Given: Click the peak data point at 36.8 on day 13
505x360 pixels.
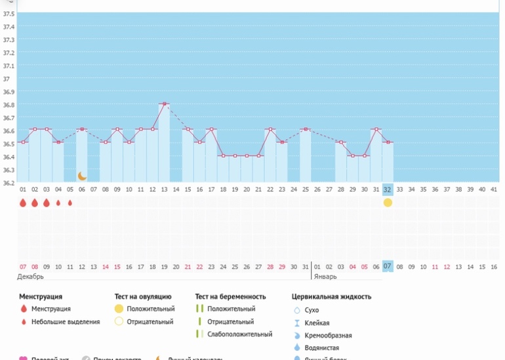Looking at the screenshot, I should point(164,104).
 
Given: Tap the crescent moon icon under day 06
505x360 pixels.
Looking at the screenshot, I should point(82,176).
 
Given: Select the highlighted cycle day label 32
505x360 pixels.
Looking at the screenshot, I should point(388,190).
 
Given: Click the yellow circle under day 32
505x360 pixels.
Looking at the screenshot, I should point(388,203).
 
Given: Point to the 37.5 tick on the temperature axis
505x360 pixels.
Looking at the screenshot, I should point(9,27).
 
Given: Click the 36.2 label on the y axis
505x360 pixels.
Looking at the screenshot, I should point(9,183).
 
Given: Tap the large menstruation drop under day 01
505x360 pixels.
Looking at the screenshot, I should point(23,203).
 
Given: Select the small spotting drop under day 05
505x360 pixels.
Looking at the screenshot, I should point(70,203).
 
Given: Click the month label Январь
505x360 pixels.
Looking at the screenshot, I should point(325,277).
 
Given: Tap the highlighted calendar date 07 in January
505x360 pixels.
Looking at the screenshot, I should point(388,267).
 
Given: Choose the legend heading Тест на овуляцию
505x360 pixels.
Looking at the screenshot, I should point(143,296).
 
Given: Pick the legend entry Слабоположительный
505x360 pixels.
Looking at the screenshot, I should point(239,334).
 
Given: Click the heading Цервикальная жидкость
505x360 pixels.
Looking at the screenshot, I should point(331,296).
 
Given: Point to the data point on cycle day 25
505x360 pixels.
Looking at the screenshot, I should point(305,129).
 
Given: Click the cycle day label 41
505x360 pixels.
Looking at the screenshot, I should point(493,190).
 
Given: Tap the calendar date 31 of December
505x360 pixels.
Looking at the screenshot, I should point(305,267).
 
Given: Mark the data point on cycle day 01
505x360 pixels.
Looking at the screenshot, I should point(23,142).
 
